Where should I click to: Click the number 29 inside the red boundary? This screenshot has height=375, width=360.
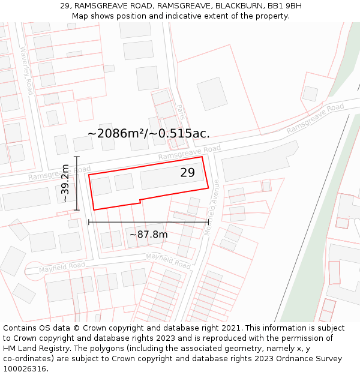(x=187, y=173)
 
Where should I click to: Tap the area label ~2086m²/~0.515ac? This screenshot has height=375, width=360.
(x=149, y=133)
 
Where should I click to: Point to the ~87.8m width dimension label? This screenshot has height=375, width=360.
(x=148, y=234)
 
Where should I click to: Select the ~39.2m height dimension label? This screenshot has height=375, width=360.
(x=65, y=184)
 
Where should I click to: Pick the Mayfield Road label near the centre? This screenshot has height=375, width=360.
(x=168, y=261)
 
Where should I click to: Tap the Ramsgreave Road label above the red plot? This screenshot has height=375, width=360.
(x=190, y=152)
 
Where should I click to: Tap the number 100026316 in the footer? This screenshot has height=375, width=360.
(x=25, y=368)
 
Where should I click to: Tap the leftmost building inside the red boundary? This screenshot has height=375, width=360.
(x=101, y=185)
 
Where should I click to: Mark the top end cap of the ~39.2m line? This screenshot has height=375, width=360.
(x=77, y=157)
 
